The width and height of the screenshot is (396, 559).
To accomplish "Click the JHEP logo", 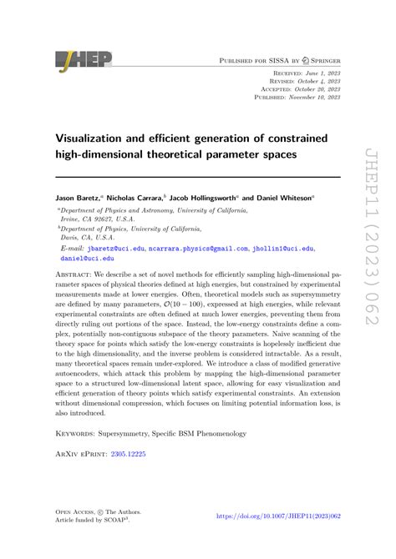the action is click(84, 60).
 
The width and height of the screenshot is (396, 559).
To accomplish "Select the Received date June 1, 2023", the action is click(320, 73).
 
